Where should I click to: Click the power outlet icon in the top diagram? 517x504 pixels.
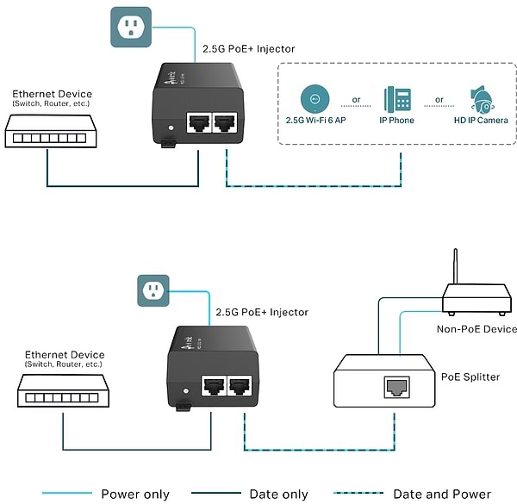pyautogui.click(x=131, y=27)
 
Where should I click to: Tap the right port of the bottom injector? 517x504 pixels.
pyautogui.click(x=240, y=386)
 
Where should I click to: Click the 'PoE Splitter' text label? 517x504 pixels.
pyautogui.click(x=470, y=376)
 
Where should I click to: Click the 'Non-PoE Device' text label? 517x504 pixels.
pyautogui.click(x=477, y=329)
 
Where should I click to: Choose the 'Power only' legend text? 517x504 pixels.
pyautogui.click(x=135, y=495)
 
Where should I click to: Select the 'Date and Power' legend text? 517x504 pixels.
pyautogui.click(x=442, y=495)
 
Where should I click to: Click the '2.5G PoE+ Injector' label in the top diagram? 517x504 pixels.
pyautogui.click(x=248, y=49)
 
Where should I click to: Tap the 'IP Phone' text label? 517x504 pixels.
pyautogui.click(x=397, y=121)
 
